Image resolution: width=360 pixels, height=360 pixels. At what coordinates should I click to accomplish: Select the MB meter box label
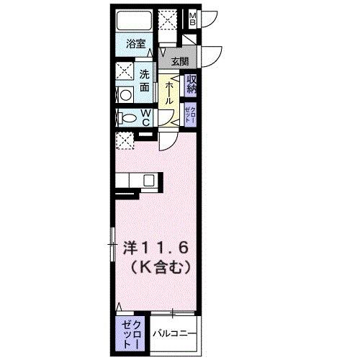[193, 20]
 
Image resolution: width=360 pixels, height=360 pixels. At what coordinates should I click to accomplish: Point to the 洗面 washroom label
[145, 79]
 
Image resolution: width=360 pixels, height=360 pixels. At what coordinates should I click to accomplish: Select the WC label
[145, 118]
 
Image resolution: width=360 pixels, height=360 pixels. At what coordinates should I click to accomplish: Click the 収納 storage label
[192, 84]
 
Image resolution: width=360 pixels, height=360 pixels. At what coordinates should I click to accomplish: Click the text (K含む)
[160, 268]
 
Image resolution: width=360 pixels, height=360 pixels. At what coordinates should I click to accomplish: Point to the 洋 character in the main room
[130, 246]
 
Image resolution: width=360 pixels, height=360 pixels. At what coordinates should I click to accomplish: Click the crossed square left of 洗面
[125, 72]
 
